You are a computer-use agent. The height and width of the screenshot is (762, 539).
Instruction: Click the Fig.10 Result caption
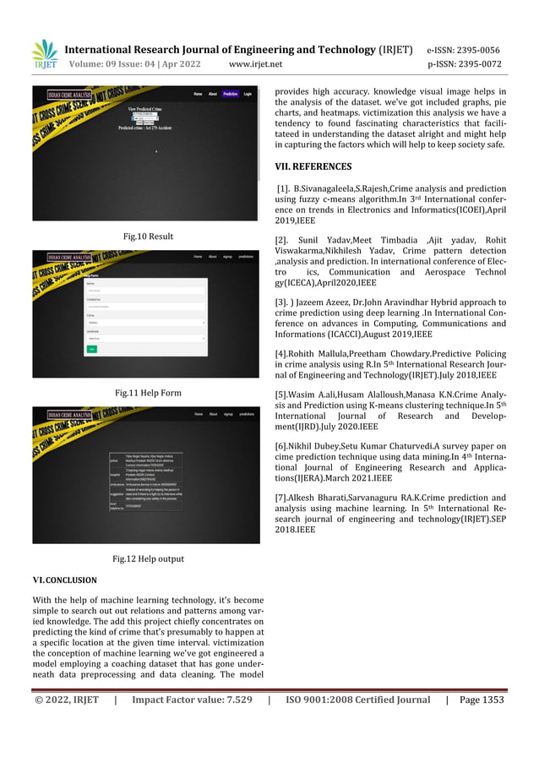pos(148,237)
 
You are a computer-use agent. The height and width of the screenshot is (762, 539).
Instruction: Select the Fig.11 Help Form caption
pos(148,393)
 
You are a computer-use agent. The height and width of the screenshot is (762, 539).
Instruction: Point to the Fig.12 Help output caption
pos(148,558)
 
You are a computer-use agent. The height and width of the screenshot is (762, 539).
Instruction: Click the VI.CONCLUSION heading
pos(64,580)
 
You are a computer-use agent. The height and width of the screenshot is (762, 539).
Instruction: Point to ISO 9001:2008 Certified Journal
pos(357,699)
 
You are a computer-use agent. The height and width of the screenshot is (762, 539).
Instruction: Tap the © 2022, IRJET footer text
pos(66,699)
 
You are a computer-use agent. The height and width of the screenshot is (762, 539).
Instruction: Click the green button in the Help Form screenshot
pos(91,348)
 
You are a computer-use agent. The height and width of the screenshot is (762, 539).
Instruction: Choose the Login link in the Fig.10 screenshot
pos(248,94)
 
